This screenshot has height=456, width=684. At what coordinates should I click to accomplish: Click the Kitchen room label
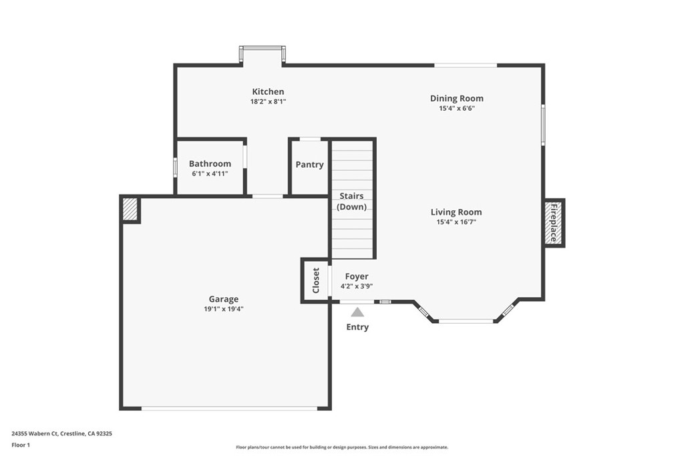tap(268, 91)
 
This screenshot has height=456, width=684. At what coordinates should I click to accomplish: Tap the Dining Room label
tap(457, 99)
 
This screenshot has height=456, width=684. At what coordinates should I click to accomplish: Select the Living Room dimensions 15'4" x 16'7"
tap(456, 222)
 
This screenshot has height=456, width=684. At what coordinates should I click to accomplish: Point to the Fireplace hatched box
tap(554, 223)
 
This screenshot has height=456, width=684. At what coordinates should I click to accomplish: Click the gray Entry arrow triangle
tap(358, 312)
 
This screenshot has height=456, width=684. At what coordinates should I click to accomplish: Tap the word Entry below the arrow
tap(357, 327)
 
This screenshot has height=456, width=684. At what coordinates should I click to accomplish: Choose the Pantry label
tap(309, 165)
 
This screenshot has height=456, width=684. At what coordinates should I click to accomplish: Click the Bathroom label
tap(210, 164)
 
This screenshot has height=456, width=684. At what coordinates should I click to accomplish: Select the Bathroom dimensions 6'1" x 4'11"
tap(210, 174)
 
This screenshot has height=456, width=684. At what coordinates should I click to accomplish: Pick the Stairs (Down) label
tap(351, 202)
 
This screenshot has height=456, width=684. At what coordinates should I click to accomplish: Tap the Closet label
tap(316, 280)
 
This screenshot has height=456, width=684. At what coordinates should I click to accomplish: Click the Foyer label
tap(357, 276)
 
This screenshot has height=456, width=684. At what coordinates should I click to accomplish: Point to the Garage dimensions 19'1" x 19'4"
tap(224, 309)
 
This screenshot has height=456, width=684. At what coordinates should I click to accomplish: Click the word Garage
tap(224, 299)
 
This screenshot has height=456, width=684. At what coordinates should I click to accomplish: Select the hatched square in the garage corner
tap(130, 210)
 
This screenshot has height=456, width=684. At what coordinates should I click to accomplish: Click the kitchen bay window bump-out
tap(262, 55)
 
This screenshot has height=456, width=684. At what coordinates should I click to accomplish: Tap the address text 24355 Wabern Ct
tap(35, 434)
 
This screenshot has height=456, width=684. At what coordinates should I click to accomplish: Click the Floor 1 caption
tap(21, 445)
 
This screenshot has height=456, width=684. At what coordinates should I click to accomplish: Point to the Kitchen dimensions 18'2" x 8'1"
tap(268, 101)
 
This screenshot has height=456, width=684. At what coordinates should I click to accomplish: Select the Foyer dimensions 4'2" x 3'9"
tap(357, 286)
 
